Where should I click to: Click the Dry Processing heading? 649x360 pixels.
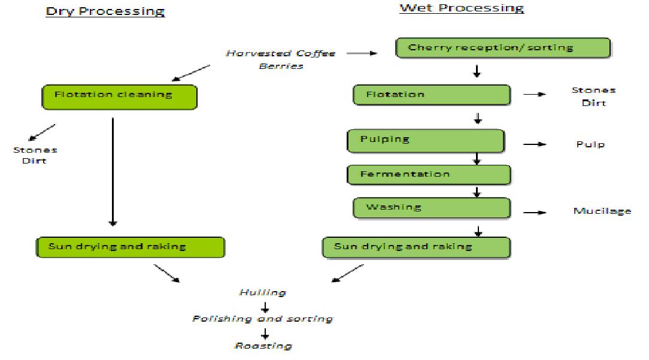[105, 11]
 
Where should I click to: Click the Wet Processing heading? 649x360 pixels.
[461, 8]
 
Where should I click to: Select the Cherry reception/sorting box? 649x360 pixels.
[502, 48]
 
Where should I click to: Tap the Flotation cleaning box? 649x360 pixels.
[119, 96]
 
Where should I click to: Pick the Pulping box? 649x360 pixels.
[426, 140]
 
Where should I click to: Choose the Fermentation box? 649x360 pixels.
[428, 174]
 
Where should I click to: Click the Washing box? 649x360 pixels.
[430, 208]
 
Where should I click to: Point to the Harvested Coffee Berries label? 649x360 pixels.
[281, 59]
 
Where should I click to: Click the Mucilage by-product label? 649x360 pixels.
[602, 211]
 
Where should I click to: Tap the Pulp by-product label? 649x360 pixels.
[590, 144]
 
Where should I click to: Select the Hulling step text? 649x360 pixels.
[262, 293]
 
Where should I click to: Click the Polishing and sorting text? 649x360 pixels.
[262, 319]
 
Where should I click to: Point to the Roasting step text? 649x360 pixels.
[263, 346]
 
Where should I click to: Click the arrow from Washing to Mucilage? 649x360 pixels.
[535, 211]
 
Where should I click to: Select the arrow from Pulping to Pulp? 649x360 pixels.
[535, 144]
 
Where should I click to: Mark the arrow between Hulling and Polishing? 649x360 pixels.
[264, 306]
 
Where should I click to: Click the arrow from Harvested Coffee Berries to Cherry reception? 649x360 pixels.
[362, 53]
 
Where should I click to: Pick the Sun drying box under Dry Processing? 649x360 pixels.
[129, 247]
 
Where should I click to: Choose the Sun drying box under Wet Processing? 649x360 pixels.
[416, 247]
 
